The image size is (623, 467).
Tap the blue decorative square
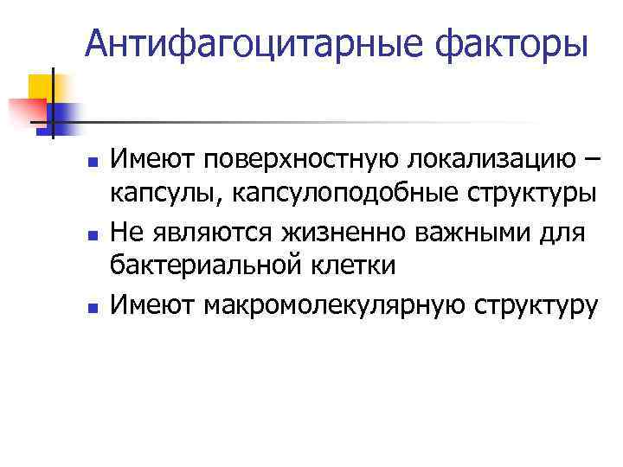click(x=64, y=117)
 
